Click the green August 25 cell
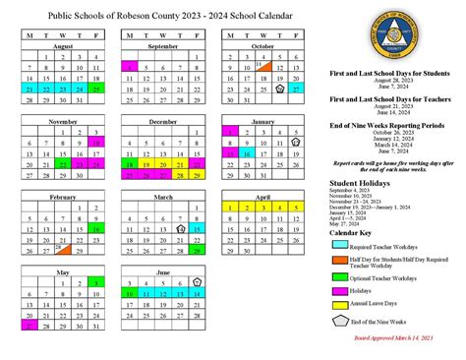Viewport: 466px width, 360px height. pos(96,88)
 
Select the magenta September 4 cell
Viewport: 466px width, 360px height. pos(131,66)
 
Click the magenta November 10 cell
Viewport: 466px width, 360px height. pos(96,142)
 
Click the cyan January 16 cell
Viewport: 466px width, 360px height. pos(246,152)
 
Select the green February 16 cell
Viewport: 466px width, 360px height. pos(96,228)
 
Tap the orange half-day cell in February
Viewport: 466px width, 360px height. pos(64,250)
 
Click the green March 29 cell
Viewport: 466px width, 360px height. pos(198,250)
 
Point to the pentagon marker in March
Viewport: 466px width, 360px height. pos(181,228)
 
